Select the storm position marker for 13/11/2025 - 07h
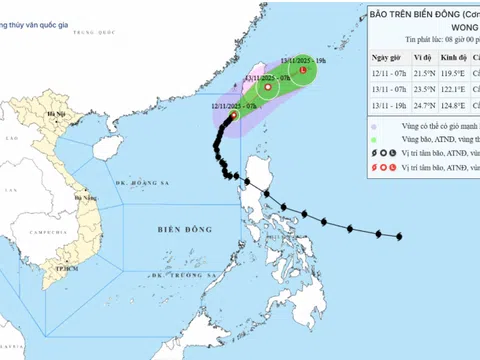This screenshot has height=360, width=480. [268, 88]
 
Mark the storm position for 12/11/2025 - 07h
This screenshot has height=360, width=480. [233, 116]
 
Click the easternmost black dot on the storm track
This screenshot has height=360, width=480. [399, 237]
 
